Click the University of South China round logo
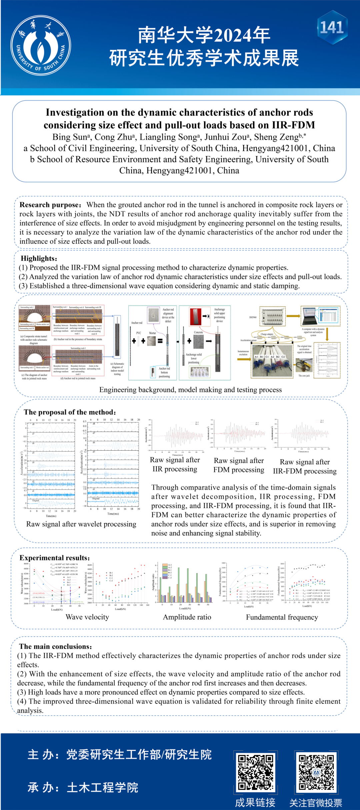click(40, 46)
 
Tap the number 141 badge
click(332, 28)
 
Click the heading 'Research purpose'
click(50, 205)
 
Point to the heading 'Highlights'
click(39, 259)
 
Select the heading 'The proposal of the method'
click(70, 412)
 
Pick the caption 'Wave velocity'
click(87, 617)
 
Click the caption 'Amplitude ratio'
click(187, 617)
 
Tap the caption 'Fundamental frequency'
click(282, 617)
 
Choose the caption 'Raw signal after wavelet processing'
click(81, 524)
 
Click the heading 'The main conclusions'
click(55, 647)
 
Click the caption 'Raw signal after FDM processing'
click(239, 465)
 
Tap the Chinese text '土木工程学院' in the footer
click(103, 787)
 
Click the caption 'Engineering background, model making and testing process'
click(190, 390)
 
